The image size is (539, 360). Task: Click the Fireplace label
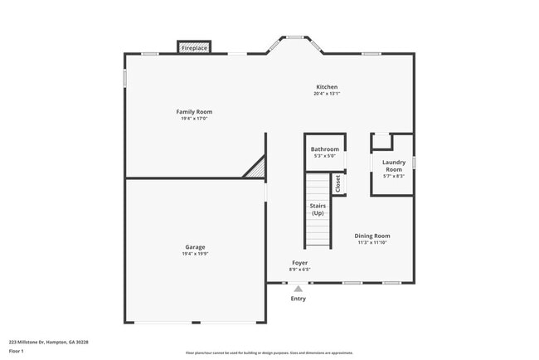(195, 48)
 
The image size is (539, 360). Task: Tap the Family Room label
(194, 111)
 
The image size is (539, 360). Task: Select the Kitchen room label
(327, 87)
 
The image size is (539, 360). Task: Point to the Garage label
(195, 246)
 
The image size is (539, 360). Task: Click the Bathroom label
(324, 149)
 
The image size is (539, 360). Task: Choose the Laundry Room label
(394, 166)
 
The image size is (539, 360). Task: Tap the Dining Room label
(372, 236)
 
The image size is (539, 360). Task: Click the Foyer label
(299, 263)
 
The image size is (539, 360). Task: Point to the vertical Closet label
(338, 183)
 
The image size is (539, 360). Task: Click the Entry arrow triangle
(299, 289)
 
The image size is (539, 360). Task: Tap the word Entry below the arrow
(299, 299)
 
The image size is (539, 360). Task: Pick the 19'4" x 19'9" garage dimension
(195, 254)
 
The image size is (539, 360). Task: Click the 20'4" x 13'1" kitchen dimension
(327, 94)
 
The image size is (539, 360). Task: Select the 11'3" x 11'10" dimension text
(372, 242)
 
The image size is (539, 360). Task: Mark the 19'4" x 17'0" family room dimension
(194, 119)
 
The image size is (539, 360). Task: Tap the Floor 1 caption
(17, 351)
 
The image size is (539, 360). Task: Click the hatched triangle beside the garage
(256, 168)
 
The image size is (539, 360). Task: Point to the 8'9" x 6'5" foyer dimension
(299, 270)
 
